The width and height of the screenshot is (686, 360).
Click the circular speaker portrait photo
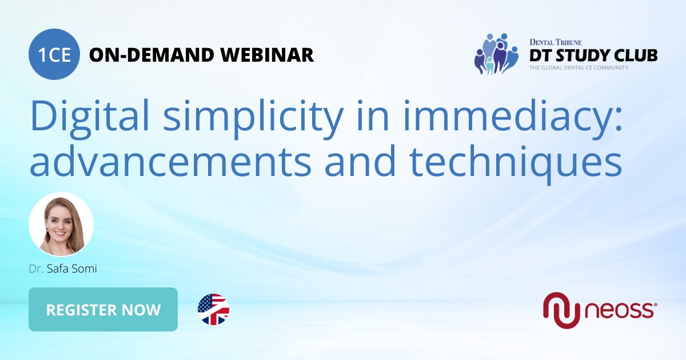[61, 224]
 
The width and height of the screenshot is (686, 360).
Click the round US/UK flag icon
[213, 310]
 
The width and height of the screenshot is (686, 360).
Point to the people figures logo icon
[495, 54]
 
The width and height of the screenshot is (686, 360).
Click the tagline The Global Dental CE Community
[578, 68]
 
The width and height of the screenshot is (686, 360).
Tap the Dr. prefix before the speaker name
[35, 269]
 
